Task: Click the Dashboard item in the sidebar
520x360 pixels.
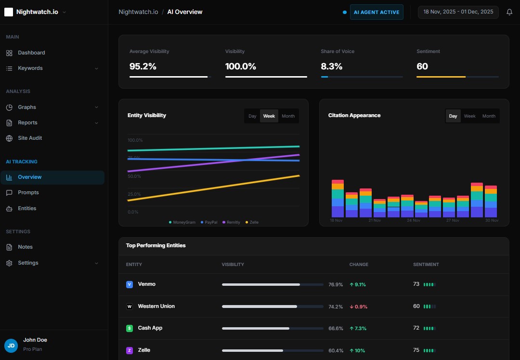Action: click(x=31, y=53)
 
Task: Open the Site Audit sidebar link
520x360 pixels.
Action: click(x=30, y=138)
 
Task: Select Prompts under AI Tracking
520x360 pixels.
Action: click(x=28, y=192)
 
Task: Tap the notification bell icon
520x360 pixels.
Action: click(x=509, y=12)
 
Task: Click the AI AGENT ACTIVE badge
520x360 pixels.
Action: click(x=377, y=12)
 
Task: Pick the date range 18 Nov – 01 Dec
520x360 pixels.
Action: click(x=458, y=12)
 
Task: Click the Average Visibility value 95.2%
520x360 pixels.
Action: click(x=143, y=67)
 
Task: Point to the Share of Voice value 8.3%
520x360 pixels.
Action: click(x=332, y=67)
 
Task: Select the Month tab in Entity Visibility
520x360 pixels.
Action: click(x=288, y=116)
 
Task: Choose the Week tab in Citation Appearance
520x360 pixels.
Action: click(x=469, y=116)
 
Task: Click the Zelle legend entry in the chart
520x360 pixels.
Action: click(x=252, y=222)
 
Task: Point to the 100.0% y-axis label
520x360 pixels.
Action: click(x=135, y=140)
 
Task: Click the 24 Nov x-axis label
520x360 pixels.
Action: click(x=413, y=220)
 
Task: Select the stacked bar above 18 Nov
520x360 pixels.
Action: click(x=338, y=199)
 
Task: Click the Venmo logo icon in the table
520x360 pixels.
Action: click(x=129, y=284)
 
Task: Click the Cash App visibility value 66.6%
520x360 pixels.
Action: click(x=336, y=328)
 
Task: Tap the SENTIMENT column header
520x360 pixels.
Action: click(x=426, y=265)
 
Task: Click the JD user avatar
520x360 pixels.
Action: click(x=11, y=345)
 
